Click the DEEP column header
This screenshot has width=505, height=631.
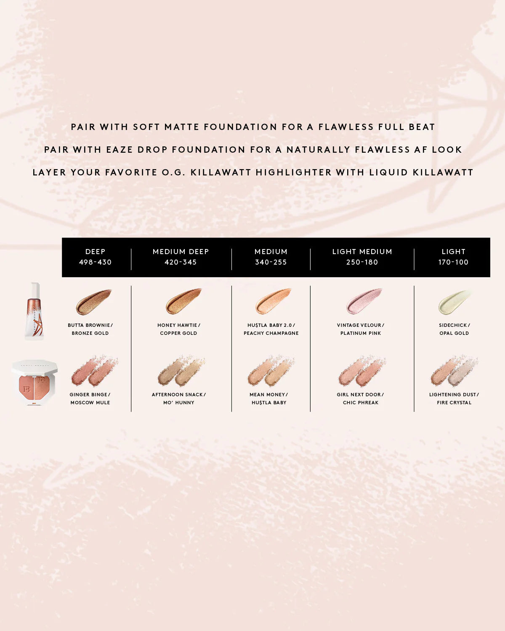(x=95, y=257)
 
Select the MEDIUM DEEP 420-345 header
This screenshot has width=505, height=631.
(x=181, y=257)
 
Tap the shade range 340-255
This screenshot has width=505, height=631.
(x=271, y=262)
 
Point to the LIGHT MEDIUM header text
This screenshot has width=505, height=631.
(x=362, y=252)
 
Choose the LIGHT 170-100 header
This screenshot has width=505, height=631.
(x=453, y=257)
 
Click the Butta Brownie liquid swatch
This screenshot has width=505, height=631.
(x=93, y=302)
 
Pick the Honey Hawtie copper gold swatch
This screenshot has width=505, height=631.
(x=183, y=301)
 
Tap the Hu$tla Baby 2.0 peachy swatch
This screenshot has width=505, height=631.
(x=273, y=301)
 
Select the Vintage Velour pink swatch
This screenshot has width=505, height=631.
(x=364, y=301)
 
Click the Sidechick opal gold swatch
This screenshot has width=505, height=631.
(x=454, y=302)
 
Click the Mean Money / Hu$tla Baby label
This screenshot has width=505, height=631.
(x=269, y=398)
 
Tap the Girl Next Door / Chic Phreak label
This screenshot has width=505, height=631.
(x=361, y=398)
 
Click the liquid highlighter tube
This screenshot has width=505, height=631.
(x=35, y=311)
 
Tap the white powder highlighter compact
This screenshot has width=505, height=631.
(x=35, y=382)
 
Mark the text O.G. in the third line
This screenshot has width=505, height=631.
(x=173, y=172)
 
